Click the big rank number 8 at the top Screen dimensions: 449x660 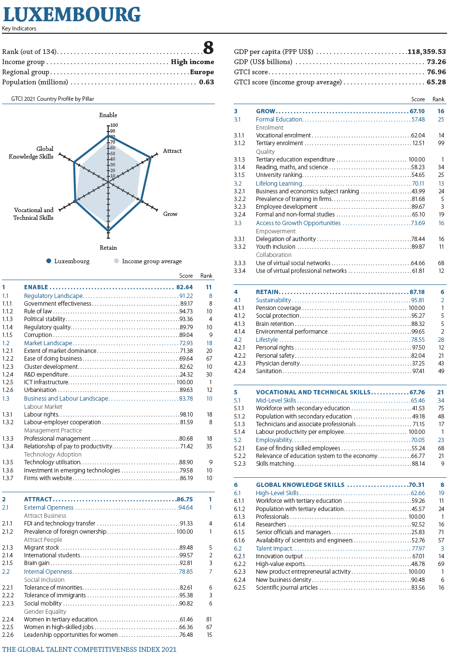[x=208, y=48]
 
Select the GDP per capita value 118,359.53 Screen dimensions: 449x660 [x=427, y=52]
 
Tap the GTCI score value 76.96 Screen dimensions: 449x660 [x=436, y=72]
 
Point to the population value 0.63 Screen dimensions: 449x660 [x=207, y=82]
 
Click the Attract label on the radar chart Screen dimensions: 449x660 [x=172, y=151]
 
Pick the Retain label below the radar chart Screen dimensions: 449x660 [x=108, y=247]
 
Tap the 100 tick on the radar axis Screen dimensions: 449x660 [x=114, y=125]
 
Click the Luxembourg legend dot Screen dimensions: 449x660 [x=49, y=261]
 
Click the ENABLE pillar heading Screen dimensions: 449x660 [x=36, y=287]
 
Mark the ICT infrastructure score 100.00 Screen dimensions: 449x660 [x=185, y=382]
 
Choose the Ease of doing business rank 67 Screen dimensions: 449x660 [x=209, y=359]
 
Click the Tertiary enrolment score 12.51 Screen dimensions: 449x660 [x=419, y=143]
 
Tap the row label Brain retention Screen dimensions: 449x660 [x=275, y=324]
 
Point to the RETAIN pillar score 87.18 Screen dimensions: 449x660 [x=417, y=292]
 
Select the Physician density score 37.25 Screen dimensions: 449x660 [x=418, y=364]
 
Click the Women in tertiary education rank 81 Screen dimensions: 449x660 [x=209, y=620]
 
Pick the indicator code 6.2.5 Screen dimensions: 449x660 [x=239, y=588]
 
